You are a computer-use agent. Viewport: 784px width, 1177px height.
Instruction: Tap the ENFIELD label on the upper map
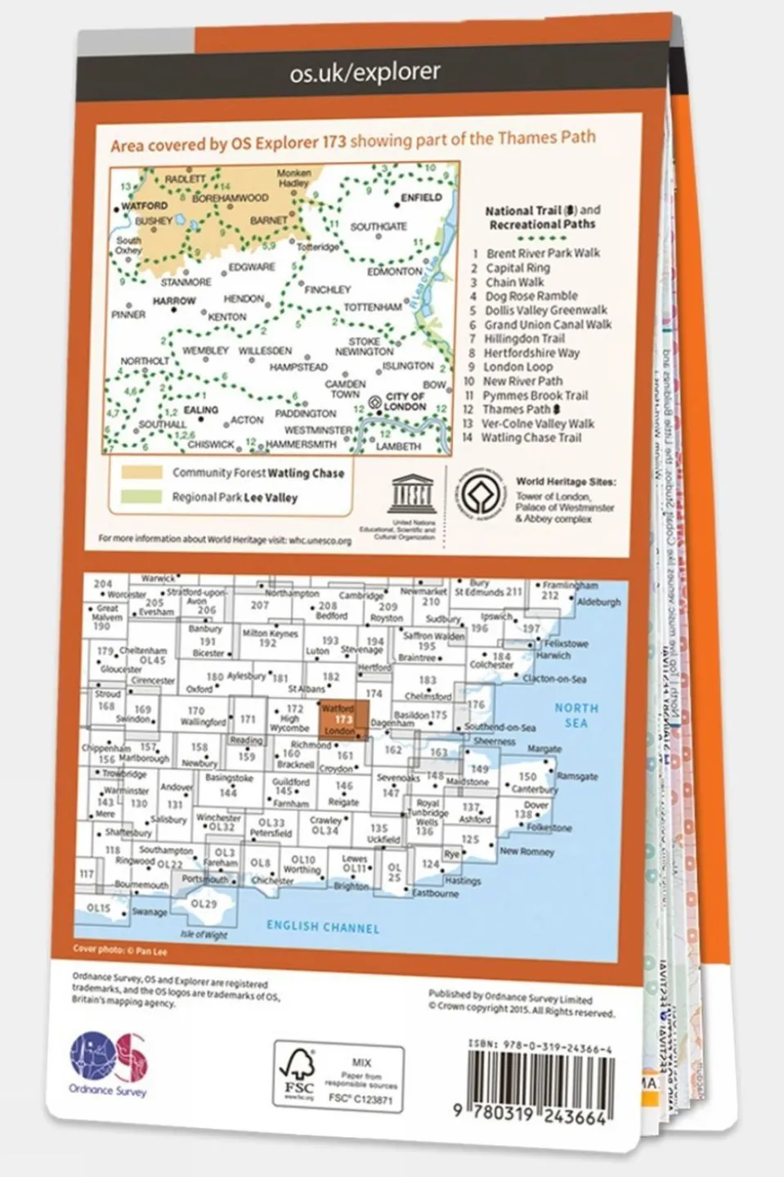click(x=421, y=198)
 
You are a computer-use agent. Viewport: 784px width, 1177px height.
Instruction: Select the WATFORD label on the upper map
click(x=144, y=206)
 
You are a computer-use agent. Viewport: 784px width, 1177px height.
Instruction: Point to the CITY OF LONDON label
click(x=405, y=402)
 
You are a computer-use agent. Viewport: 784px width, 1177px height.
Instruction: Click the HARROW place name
click(x=174, y=301)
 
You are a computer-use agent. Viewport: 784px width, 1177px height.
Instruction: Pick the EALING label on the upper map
click(x=201, y=410)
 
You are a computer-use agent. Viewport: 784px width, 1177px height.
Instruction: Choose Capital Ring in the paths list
click(x=517, y=268)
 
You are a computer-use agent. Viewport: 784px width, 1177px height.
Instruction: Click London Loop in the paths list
click(x=517, y=367)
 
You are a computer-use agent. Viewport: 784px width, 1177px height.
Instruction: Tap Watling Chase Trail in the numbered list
click(x=531, y=438)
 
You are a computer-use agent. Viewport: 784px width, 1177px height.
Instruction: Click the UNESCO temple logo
click(x=412, y=493)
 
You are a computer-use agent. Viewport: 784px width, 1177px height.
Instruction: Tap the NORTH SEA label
click(x=576, y=715)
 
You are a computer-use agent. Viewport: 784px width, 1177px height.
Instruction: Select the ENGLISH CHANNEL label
click(x=323, y=927)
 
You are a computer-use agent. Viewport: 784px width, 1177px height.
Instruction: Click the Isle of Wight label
click(x=204, y=934)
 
